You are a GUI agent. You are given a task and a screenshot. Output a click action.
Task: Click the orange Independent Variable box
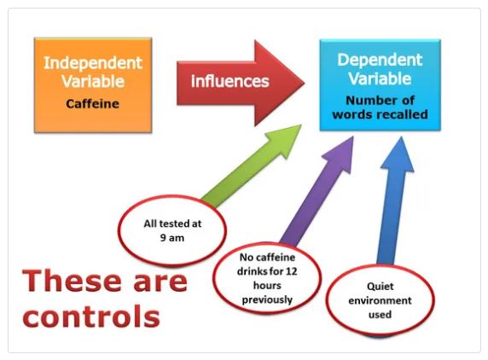tap(93, 85)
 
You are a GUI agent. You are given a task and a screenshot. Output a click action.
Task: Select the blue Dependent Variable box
tap(380, 84)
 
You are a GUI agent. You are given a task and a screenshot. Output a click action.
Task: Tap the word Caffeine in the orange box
tap(92, 104)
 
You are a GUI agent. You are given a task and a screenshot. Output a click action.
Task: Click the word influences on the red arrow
tap(230, 81)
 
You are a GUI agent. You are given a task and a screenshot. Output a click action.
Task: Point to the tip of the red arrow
tap(304, 83)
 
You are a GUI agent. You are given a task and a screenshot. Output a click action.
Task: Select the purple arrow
tap(317, 191)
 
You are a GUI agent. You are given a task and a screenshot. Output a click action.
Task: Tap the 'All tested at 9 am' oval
tap(172, 230)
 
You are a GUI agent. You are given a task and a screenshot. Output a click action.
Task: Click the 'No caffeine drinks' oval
tap(267, 278)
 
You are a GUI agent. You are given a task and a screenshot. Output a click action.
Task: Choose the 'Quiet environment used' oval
tap(380, 300)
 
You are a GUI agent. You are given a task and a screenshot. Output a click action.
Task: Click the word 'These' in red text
tap(72, 281)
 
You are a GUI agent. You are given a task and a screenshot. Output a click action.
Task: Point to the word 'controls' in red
tap(91, 316)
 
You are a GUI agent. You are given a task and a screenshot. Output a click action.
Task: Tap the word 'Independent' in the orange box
tap(93, 63)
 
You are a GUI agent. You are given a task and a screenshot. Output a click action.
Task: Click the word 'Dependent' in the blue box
tap(380, 60)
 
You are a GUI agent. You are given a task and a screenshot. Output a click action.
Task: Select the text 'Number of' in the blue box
tap(380, 101)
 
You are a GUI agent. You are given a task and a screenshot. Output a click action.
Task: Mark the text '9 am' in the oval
tap(172, 238)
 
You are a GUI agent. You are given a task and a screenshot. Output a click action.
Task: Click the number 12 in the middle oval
tap(291, 271)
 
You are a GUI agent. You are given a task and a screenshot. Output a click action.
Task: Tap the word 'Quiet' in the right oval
tap(380, 287)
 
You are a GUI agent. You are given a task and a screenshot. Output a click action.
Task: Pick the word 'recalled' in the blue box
tap(404, 114)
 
